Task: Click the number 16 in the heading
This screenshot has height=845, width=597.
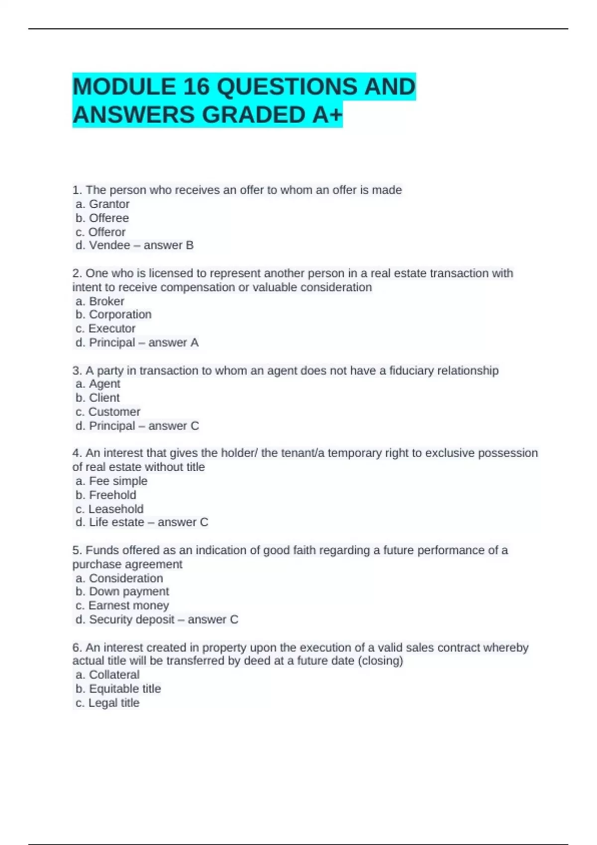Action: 196,87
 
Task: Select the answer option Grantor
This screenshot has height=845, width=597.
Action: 109,204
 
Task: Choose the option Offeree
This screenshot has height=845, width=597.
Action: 108,218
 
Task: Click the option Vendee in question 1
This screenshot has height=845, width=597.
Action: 109,246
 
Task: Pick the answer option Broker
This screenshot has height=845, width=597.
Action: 106,301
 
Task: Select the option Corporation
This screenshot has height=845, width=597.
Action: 120,315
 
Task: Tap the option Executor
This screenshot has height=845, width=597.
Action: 111,329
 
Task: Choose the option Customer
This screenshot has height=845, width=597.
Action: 114,412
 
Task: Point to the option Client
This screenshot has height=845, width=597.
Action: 104,398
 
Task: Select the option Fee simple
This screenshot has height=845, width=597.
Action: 118,481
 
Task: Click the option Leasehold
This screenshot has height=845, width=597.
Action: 115,509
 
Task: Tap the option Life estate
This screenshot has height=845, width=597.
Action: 116,522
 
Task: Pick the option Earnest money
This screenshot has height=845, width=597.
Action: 128,605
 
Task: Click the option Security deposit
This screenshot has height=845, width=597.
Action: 131,620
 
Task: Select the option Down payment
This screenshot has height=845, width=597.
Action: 129,591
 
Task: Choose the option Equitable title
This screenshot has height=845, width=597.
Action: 124,689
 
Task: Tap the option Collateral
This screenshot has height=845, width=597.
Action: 114,675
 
